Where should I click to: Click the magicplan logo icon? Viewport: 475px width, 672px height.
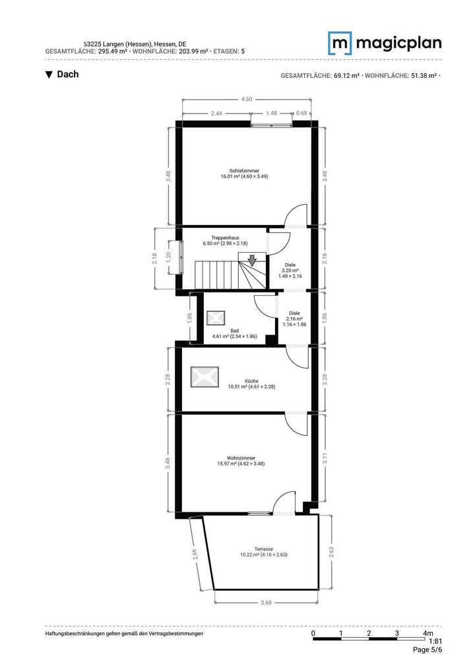(x=340, y=43)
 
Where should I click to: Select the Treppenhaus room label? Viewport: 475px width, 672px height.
(x=225, y=240)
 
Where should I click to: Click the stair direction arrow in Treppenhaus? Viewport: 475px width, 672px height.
(x=251, y=260)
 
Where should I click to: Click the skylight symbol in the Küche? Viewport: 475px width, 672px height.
(x=205, y=377)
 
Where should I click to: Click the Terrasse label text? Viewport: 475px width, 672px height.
(x=263, y=551)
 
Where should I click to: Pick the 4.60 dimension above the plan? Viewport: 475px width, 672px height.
(x=246, y=99)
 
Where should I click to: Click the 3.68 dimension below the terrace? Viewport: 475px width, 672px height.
(x=266, y=602)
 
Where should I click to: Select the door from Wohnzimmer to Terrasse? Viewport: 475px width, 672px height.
(x=284, y=503)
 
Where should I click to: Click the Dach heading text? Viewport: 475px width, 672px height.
(x=67, y=75)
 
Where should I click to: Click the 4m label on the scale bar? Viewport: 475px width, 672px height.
(x=428, y=634)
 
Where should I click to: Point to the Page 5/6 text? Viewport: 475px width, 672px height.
(x=427, y=650)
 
